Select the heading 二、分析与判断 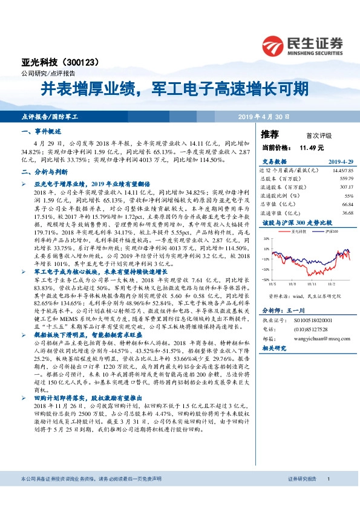(x=42, y=172)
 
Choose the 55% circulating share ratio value (x=349, y=195)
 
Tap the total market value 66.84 (x=347, y=204)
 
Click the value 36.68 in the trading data (x=347, y=213)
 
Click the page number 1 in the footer (x=328, y=496)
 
